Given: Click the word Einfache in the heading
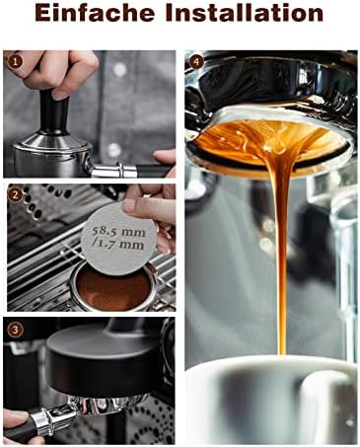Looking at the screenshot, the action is coord(95,14).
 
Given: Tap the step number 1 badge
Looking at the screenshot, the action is coord(15,62).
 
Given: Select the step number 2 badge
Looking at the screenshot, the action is coord(15,195).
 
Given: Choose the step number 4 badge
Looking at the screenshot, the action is coord(197,62).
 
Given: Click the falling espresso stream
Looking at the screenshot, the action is coord(279,250).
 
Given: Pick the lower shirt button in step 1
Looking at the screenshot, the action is coord(113,150).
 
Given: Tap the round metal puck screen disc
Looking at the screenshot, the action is coord(119,237).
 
